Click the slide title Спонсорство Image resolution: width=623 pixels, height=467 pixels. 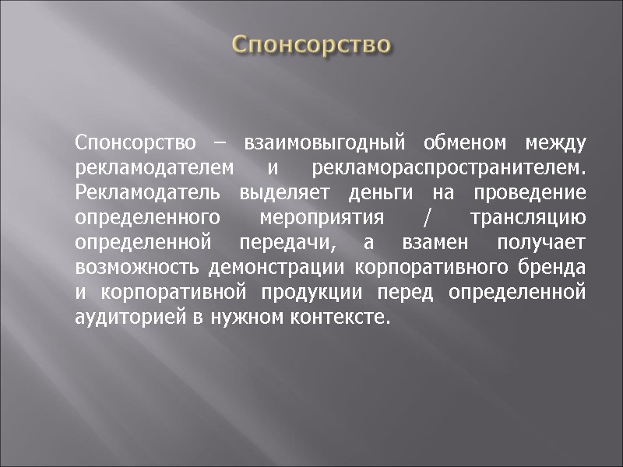point(311,44)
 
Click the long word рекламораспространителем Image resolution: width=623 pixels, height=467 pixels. point(448,168)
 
